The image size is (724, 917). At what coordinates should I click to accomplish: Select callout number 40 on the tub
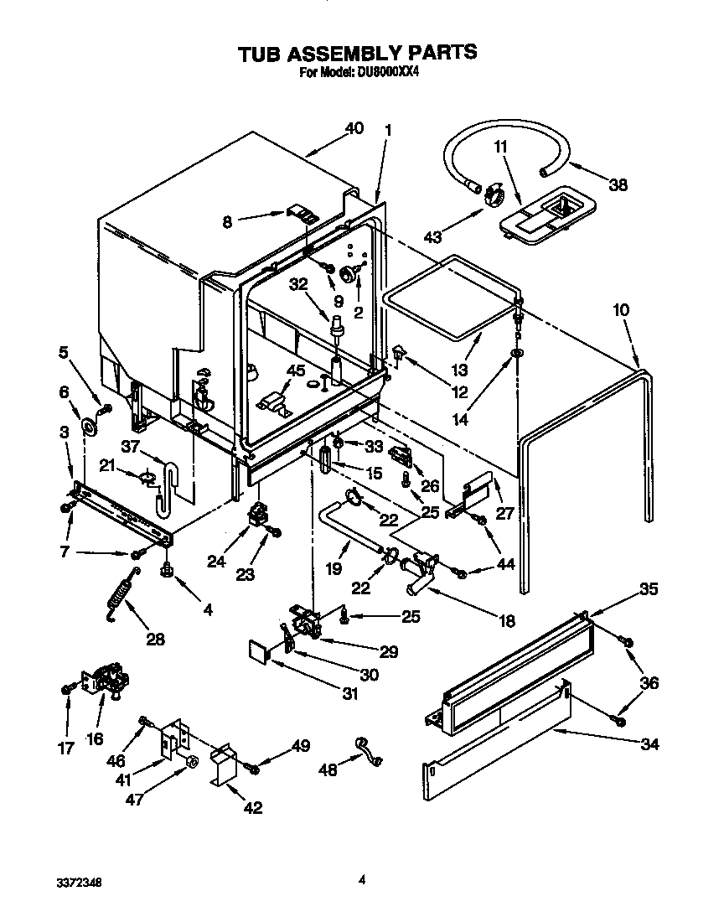click(354, 128)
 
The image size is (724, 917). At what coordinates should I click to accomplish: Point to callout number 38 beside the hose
click(618, 185)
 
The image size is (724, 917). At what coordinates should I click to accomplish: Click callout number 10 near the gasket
click(620, 310)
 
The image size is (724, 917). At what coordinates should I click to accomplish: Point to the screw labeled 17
click(65, 689)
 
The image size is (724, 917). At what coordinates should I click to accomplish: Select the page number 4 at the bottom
click(361, 879)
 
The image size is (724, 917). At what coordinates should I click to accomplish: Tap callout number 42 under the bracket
click(251, 808)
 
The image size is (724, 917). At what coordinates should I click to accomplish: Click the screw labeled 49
click(255, 766)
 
